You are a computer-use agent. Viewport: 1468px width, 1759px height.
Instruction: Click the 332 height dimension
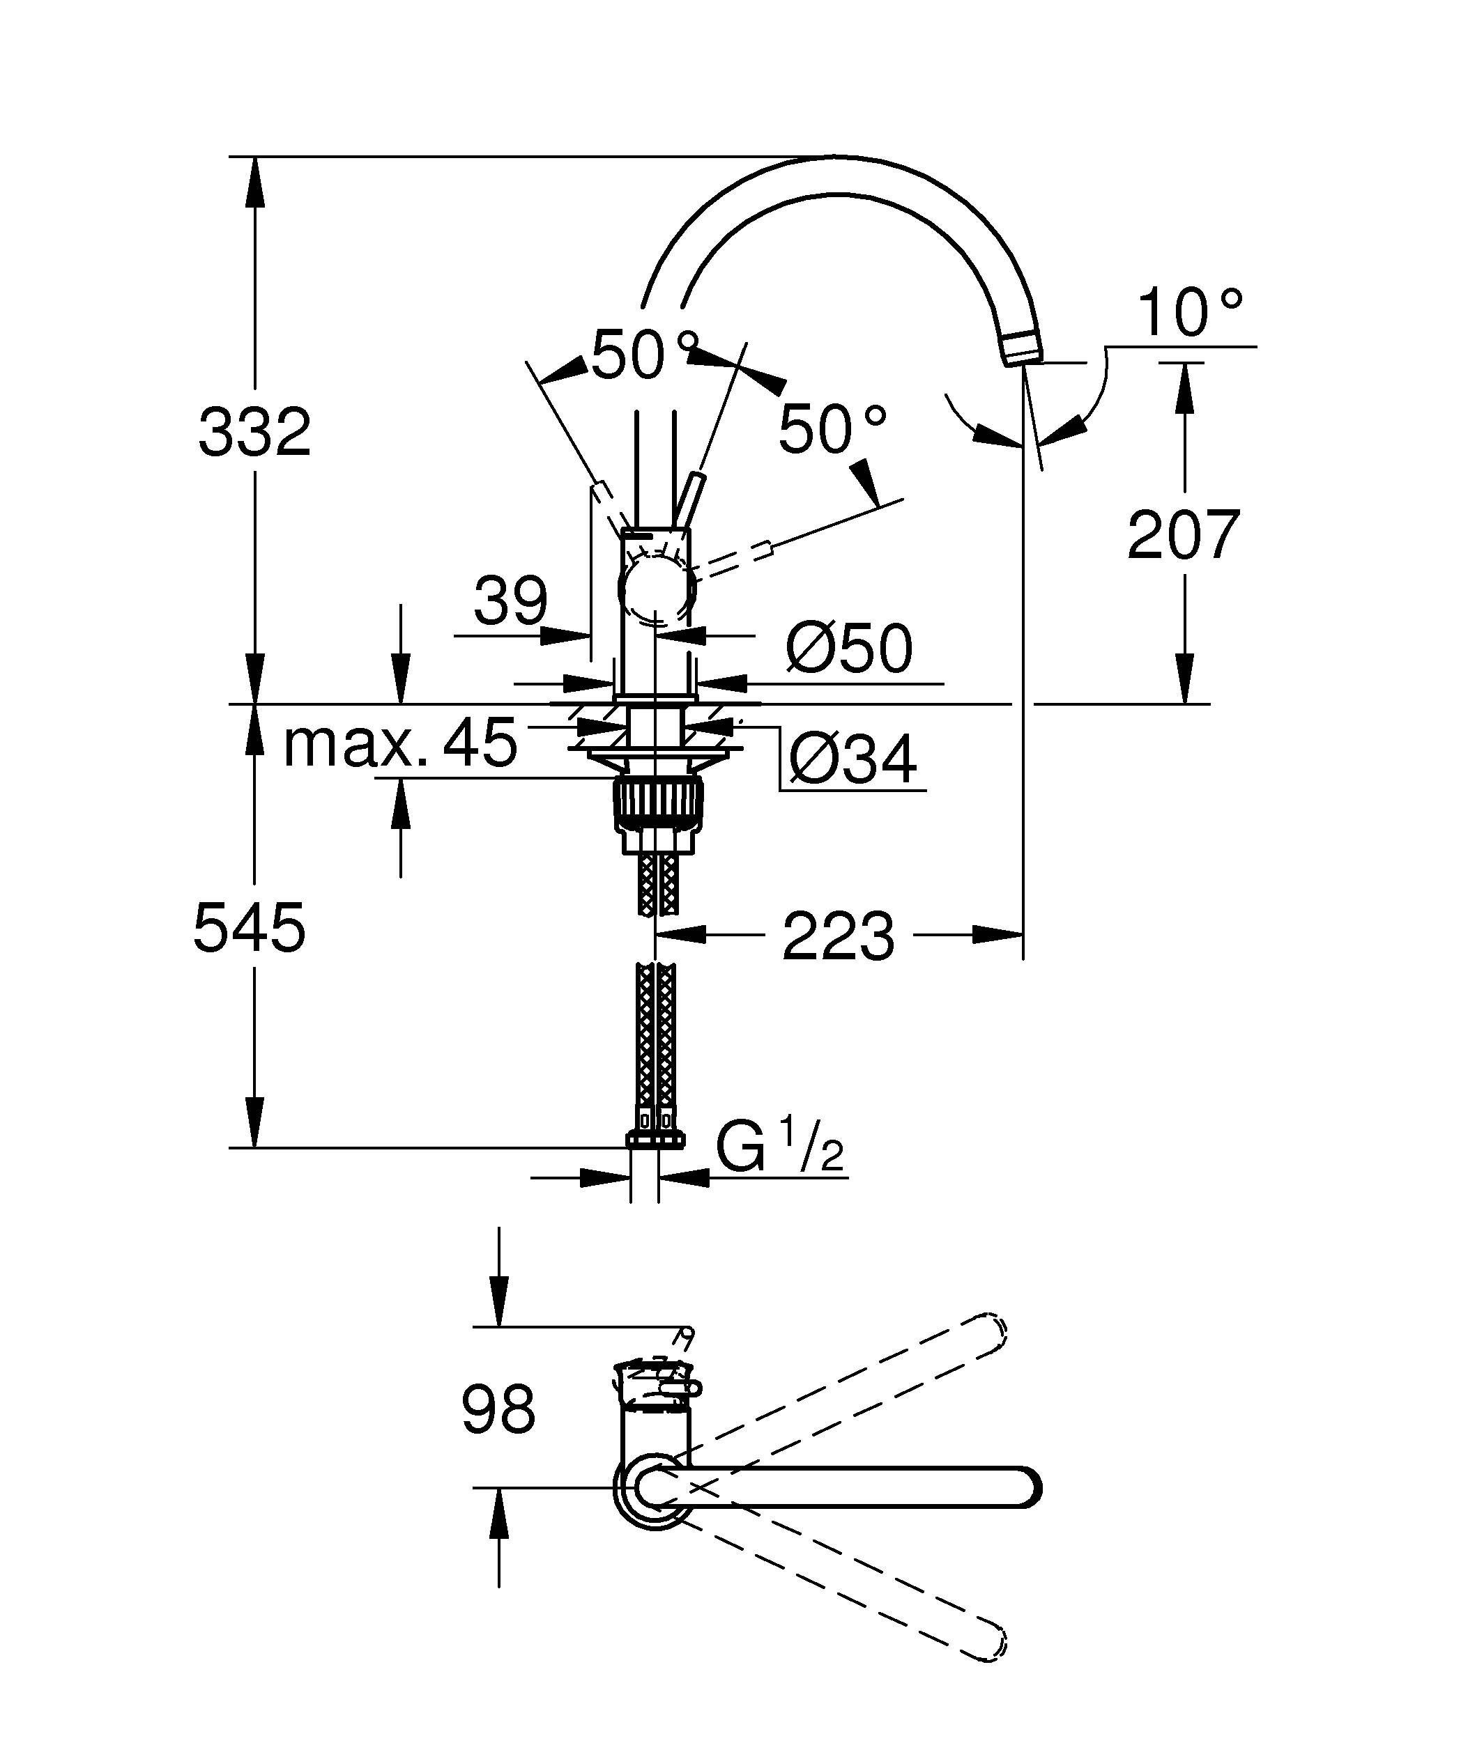[254, 432]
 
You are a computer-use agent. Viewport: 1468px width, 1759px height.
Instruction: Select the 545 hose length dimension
[249, 928]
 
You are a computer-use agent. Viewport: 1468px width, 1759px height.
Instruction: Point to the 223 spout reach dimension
[838, 936]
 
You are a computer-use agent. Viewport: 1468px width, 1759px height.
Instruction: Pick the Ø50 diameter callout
[848, 649]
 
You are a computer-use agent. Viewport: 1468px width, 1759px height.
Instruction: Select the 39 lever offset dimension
[510, 600]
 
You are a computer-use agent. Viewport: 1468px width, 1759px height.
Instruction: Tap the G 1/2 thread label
[779, 1149]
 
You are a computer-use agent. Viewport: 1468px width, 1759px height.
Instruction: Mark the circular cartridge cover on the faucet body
[657, 591]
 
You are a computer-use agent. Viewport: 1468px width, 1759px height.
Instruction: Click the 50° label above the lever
[643, 355]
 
